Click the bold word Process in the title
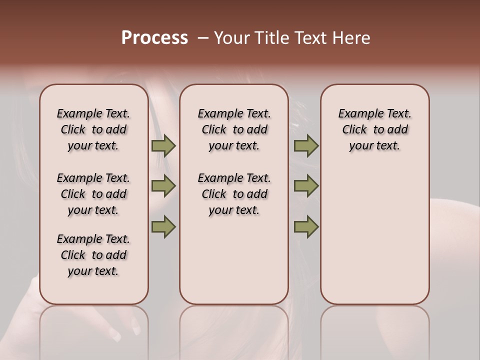coord(154,38)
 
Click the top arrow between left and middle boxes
coord(163,146)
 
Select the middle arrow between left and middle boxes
coord(163,186)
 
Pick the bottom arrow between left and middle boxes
coord(163,227)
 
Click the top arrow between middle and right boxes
coord(306,146)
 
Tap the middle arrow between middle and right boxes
coord(306,186)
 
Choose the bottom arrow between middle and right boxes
coord(306,227)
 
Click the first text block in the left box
coord(93,129)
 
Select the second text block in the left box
coord(93,194)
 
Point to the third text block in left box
coord(93,255)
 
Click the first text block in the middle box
coord(234,129)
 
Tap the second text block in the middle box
coord(234,194)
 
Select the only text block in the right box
coord(374,129)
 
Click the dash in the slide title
coord(202,38)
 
